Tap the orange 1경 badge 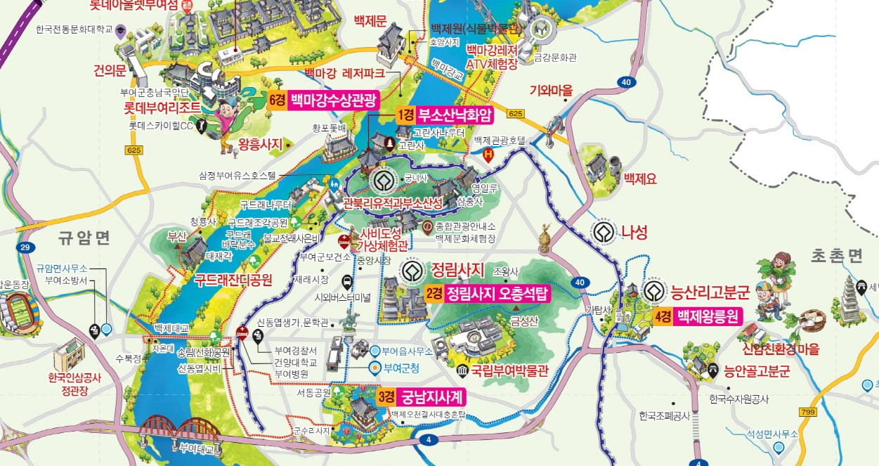tap(405, 115)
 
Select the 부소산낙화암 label tap(455, 115)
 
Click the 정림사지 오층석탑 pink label tap(497, 293)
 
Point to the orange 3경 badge tap(385, 397)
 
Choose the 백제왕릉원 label tap(708, 316)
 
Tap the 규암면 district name tap(86, 238)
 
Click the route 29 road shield tap(26, 248)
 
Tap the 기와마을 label tap(552, 90)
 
